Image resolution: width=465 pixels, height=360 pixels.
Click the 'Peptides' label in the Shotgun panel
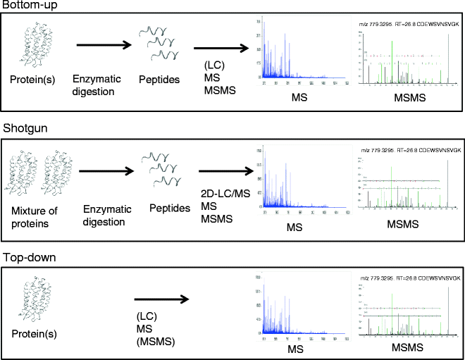click(x=170, y=209)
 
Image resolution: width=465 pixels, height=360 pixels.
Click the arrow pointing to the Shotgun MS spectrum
click(x=225, y=172)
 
